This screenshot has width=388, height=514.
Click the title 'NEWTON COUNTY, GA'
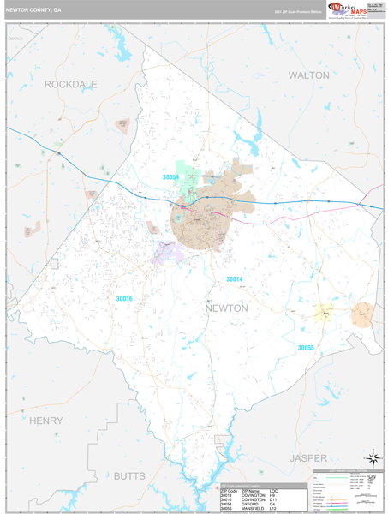pos(33,11)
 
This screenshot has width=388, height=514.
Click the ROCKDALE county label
pos(70,84)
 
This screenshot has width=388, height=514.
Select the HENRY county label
pos(45,421)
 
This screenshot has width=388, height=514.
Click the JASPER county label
pos(308,458)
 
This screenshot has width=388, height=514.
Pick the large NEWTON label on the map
pos(226,308)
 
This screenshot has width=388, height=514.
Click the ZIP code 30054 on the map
pos(171,177)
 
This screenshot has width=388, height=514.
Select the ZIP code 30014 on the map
pos(234,279)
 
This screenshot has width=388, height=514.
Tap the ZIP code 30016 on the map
pos(124,298)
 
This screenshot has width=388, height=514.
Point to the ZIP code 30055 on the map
pos(306,347)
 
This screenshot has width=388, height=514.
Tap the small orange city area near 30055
pos(361,314)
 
